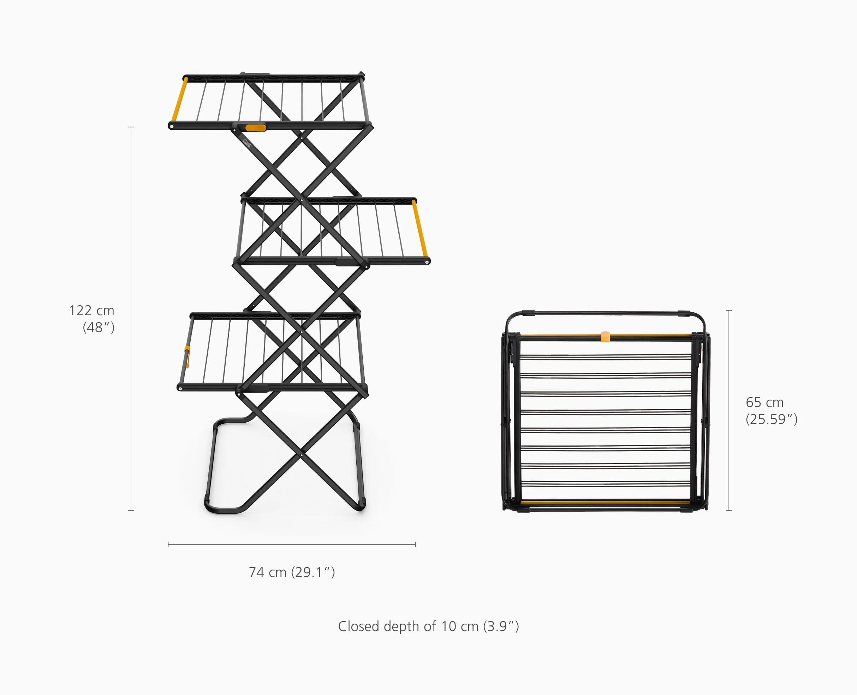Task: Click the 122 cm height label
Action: [x=91, y=310]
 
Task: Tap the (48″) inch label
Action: [x=99, y=328]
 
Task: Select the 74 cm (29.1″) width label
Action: [x=292, y=572]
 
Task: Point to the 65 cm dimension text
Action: [x=764, y=402]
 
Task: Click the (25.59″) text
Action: [x=772, y=419]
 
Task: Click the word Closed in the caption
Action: [x=358, y=626]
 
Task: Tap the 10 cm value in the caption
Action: [x=460, y=626]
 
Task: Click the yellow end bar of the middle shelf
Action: [x=420, y=228]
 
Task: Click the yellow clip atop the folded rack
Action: [x=605, y=337]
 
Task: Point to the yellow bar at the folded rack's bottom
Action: [x=605, y=502]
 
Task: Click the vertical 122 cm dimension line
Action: [x=131, y=319]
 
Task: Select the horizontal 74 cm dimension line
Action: [x=292, y=544]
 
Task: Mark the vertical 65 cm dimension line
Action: [x=728, y=410]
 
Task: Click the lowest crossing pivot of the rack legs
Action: [x=301, y=455]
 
